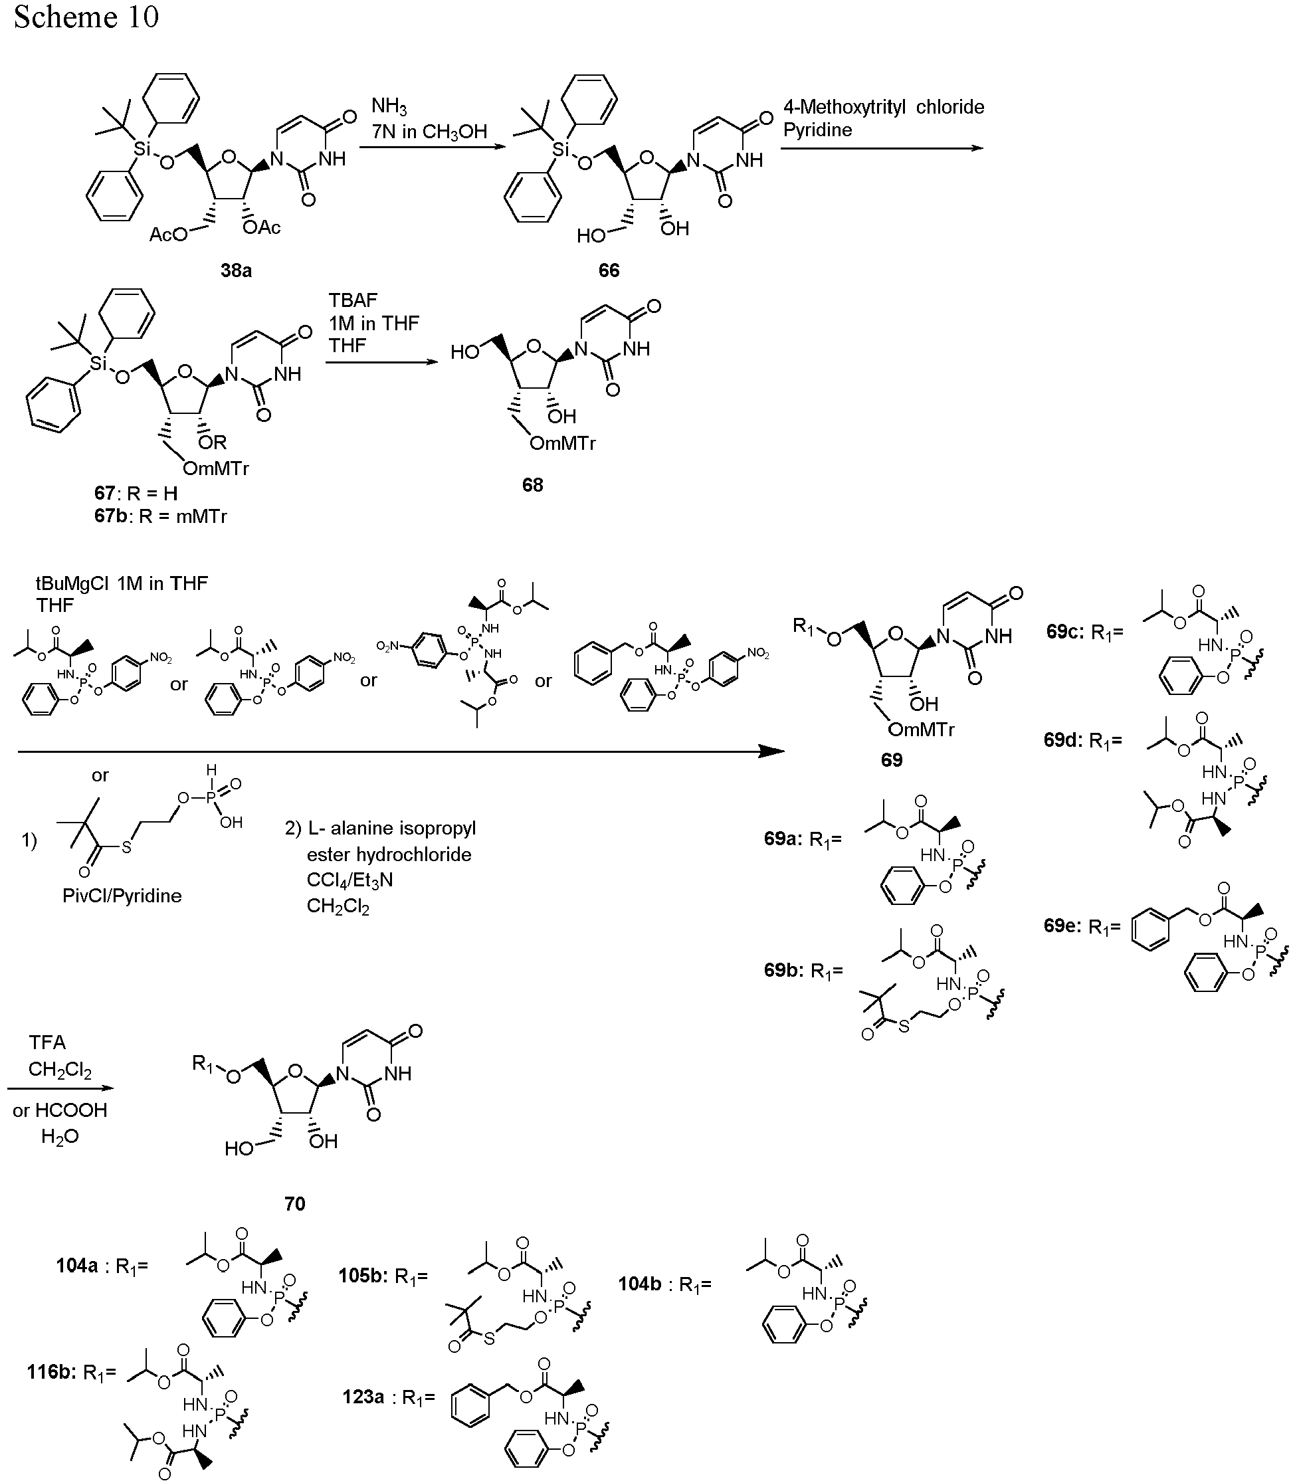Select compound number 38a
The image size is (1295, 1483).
click(x=237, y=271)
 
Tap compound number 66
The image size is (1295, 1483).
click(x=609, y=270)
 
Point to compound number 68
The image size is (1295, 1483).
click(x=533, y=485)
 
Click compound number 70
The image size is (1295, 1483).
click(x=295, y=1203)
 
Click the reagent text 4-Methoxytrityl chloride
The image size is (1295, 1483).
click(x=884, y=108)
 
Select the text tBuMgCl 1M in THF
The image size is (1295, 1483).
click(x=122, y=583)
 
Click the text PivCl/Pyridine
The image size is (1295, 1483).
click(x=122, y=896)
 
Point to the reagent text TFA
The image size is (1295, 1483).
click(x=48, y=1042)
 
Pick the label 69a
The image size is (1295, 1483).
click(x=784, y=839)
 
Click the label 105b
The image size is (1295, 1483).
click(x=363, y=1276)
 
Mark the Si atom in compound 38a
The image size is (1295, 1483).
click(x=142, y=151)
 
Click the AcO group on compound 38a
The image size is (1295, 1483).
click(x=167, y=235)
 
